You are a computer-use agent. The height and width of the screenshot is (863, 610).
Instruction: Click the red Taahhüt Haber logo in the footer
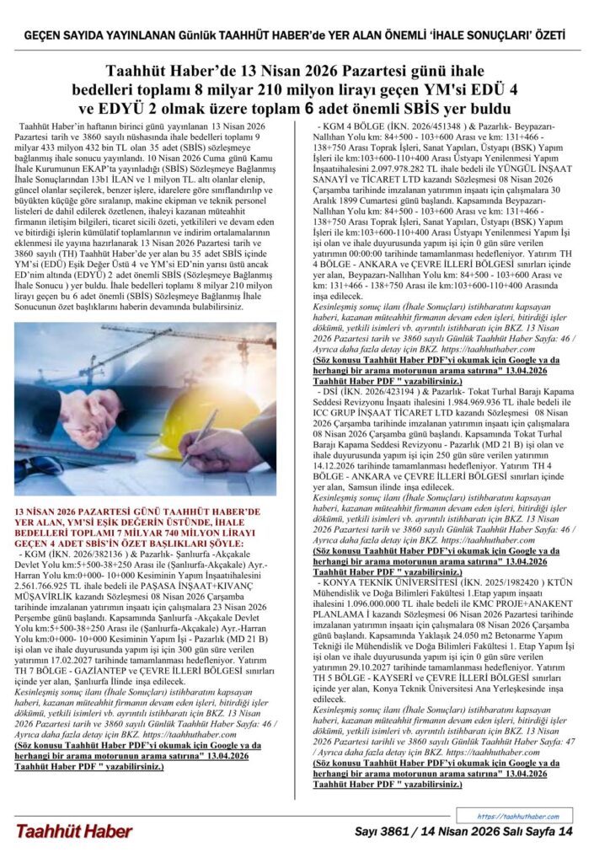(x=74, y=831)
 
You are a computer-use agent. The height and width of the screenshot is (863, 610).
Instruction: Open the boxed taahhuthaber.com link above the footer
(x=517, y=816)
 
